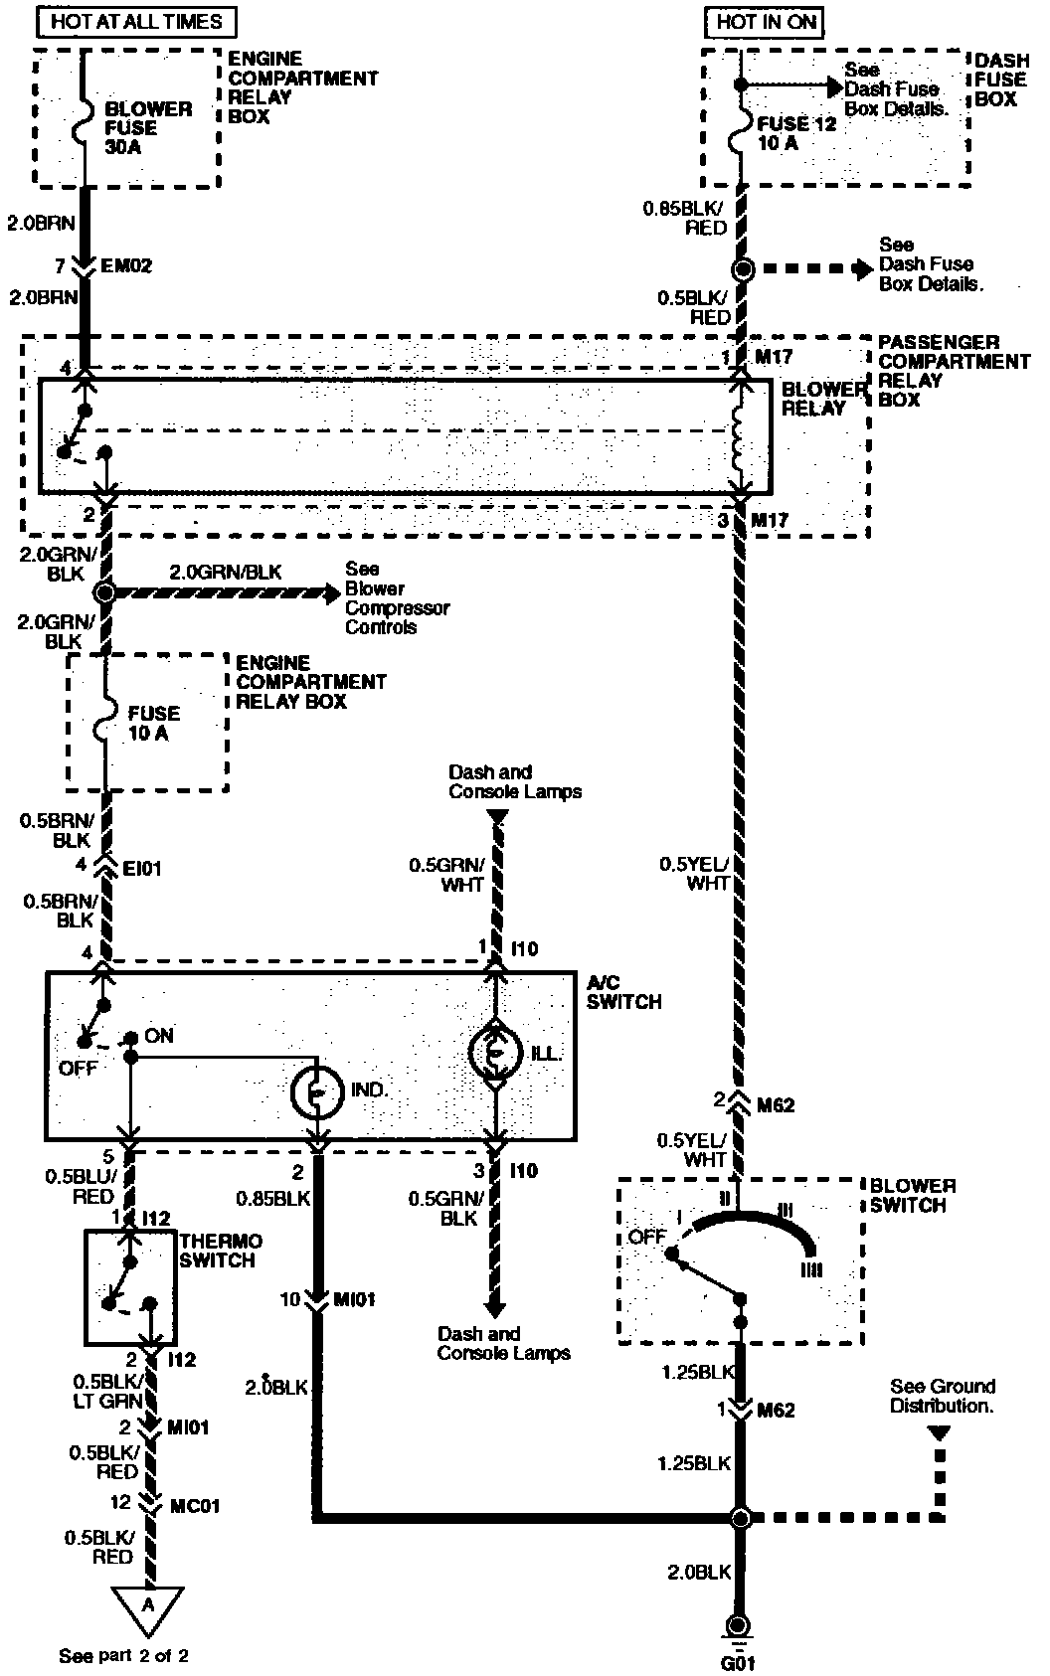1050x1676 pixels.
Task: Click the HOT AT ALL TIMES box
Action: [x=136, y=22]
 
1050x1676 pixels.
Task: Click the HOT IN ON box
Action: [x=765, y=22]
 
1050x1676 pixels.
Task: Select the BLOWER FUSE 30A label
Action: [x=147, y=128]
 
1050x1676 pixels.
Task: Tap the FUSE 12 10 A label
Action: [x=795, y=133]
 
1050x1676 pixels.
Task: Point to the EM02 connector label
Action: [x=125, y=265]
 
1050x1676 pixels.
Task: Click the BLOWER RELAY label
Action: [x=822, y=399]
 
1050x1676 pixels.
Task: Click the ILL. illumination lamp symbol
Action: [x=495, y=1053]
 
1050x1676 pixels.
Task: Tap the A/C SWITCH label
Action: [x=623, y=992]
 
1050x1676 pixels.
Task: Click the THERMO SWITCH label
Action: [x=220, y=1251]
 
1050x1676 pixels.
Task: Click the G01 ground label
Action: [x=737, y=1662]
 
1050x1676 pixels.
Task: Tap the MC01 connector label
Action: [x=195, y=1505]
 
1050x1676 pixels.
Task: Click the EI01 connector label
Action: [x=141, y=869]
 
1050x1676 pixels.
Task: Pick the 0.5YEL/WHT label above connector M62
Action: [x=693, y=873]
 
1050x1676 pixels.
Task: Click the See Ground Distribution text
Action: [x=942, y=1396]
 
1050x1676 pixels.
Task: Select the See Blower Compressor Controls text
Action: [x=397, y=597]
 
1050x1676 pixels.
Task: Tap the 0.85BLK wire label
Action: [x=273, y=1199]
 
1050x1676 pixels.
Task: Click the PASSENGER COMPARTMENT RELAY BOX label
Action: [x=954, y=371]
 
